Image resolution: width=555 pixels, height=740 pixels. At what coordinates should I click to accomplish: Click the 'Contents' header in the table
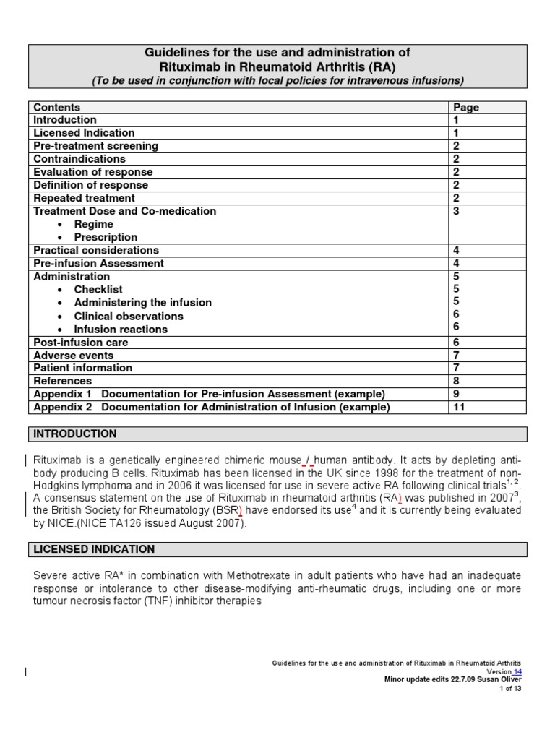click(57, 108)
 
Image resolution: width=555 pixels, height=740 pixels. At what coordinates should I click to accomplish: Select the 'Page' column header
click(466, 108)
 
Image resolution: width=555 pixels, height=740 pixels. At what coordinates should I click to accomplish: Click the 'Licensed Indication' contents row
click(84, 133)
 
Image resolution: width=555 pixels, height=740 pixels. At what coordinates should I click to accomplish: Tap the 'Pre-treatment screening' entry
click(95, 146)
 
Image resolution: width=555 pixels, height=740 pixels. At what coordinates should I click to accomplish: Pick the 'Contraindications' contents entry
click(79, 159)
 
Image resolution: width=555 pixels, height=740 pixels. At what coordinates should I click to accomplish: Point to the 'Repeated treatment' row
click(84, 198)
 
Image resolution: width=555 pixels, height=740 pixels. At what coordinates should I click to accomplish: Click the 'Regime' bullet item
click(93, 224)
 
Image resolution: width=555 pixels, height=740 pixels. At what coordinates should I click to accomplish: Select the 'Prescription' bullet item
click(106, 237)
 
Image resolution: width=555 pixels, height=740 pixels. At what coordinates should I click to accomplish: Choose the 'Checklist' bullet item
click(98, 290)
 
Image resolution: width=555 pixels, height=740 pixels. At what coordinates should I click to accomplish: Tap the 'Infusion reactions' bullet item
click(121, 330)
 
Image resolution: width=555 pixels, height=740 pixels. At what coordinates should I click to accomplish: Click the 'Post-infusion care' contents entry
click(81, 343)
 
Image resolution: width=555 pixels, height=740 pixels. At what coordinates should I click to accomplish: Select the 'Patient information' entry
click(83, 368)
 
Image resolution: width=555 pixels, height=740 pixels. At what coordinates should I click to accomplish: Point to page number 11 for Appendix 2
click(459, 407)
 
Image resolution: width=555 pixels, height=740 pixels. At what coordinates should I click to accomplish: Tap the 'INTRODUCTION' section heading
click(75, 434)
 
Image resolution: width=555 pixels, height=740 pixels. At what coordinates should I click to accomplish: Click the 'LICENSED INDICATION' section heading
click(94, 549)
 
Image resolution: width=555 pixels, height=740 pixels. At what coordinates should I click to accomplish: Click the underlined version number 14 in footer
click(517, 671)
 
